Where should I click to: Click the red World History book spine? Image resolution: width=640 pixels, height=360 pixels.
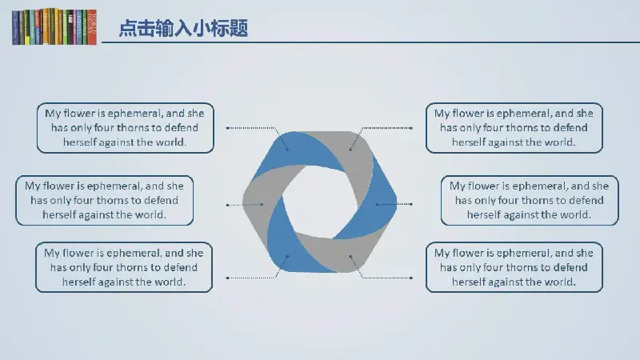tap(92, 27)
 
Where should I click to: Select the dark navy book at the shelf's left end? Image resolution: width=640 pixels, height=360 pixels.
tap(15, 28)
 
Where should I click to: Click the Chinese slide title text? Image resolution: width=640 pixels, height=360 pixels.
tap(183, 29)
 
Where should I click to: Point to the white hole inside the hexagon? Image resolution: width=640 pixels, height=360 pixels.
tap(319, 202)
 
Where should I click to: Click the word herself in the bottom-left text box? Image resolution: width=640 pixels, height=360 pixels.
tap(78, 282)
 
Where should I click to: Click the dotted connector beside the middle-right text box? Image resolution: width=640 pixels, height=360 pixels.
tap(394, 204)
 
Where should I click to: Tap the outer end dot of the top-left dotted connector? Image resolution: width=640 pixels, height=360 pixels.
tap(228, 128)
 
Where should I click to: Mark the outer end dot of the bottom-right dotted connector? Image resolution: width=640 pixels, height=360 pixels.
tap(411, 278)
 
